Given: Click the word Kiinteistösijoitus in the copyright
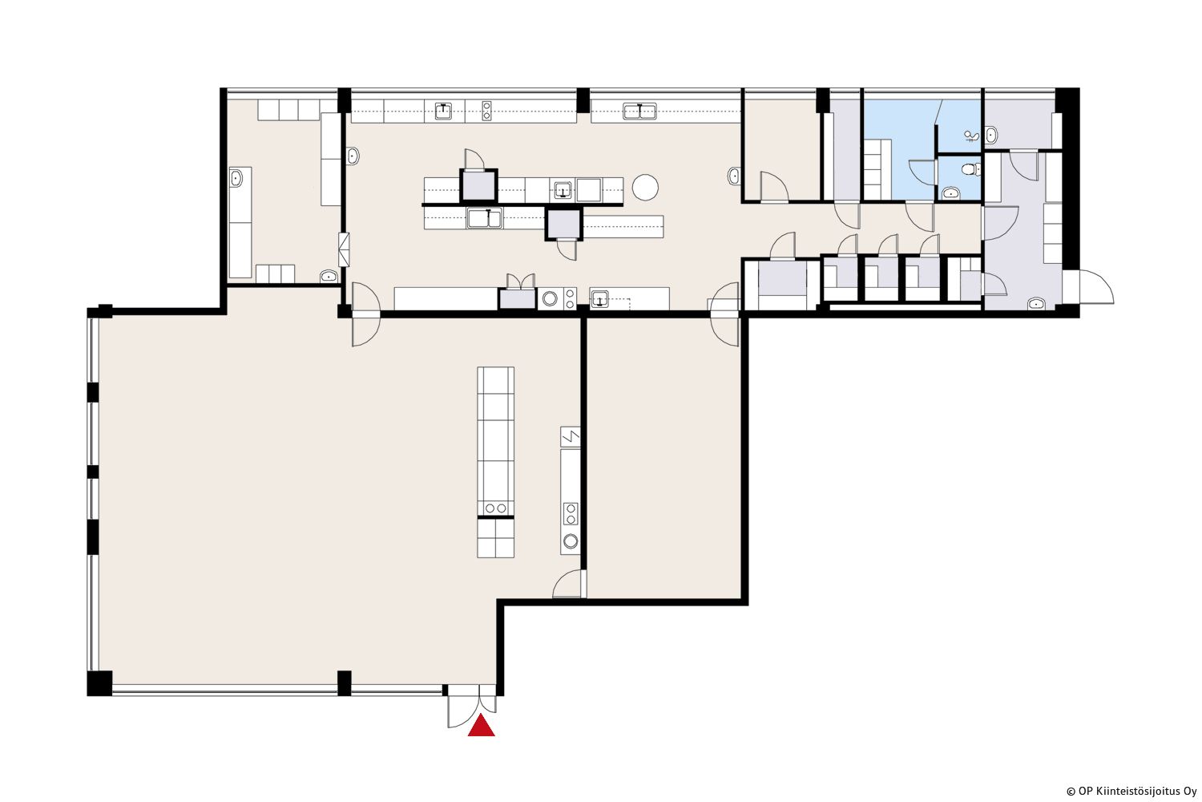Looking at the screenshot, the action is tap(1129, 792).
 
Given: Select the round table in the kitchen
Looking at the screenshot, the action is tap(645, 188).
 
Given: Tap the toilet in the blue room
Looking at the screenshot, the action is tap(969, 170).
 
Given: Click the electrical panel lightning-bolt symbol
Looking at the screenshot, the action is tap(571, 437).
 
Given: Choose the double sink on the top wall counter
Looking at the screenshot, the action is tap(639, 111).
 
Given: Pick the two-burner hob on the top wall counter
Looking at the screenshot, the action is tap(486, 111).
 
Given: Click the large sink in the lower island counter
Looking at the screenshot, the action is tap(485, 218).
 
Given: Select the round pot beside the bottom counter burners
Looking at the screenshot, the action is tap(550, 298).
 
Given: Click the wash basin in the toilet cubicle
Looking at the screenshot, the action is tap(951, 192).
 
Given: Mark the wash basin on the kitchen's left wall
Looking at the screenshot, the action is tap(353, 156).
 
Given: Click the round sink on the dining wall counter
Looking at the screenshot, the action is tap(571, 541).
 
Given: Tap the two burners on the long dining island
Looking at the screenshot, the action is tap(495, 508).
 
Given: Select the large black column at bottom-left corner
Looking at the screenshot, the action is tap(100, 683).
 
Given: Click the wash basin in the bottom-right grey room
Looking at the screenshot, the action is tap(1036, 304).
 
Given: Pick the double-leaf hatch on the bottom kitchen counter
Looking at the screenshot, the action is tap(520, 282).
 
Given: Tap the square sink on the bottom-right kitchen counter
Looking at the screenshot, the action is tap(599, 298).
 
